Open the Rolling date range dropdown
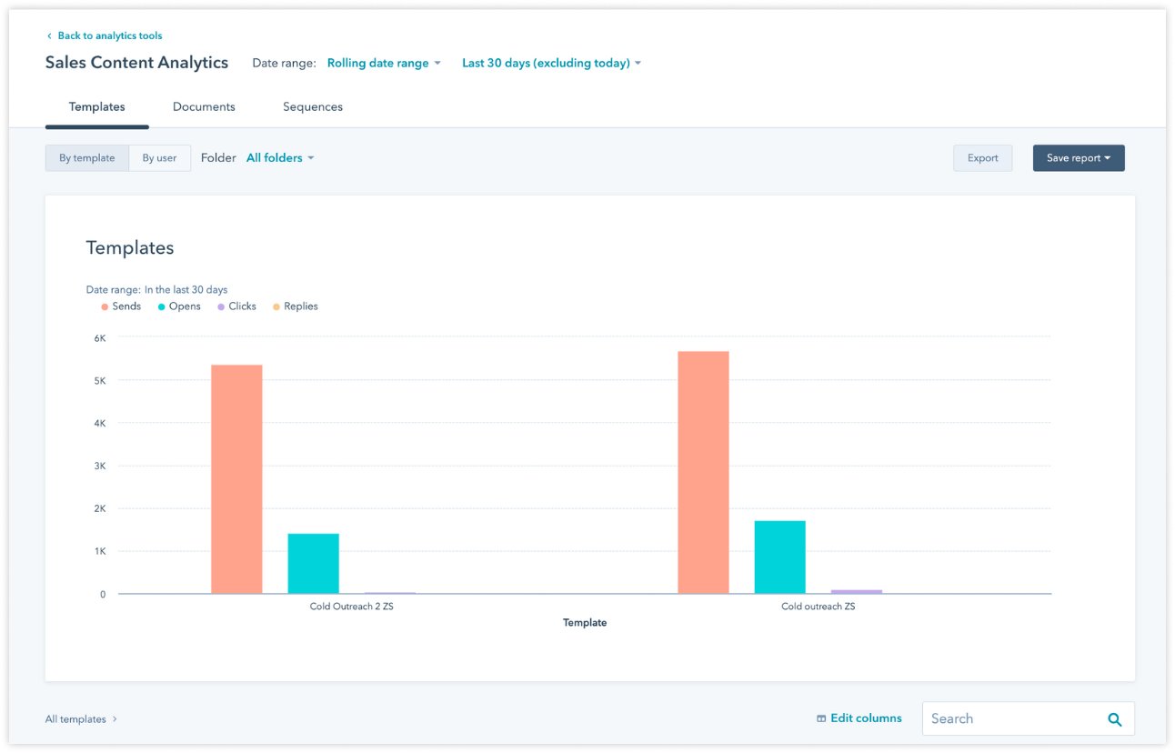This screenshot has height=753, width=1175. point(383,63)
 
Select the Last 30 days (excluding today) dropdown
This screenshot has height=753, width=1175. point(551,63)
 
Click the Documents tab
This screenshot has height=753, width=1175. point(204,106)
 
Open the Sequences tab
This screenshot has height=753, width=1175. point(312,106)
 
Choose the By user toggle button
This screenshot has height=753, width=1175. point(159,157)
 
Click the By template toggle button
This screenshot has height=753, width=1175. point(87,157)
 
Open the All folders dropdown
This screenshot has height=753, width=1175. point(280,157)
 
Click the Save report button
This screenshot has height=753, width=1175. point(1078,157)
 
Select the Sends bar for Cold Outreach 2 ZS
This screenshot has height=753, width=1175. point(236,478)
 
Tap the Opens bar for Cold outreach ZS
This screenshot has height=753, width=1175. point(779,557)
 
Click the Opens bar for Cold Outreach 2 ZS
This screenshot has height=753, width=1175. point(313,563)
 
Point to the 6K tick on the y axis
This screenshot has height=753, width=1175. point(99,337)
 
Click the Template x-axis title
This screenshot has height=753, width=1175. point(585,623)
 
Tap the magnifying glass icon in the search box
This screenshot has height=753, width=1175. point(1114,718)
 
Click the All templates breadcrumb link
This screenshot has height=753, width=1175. point(76,718)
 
